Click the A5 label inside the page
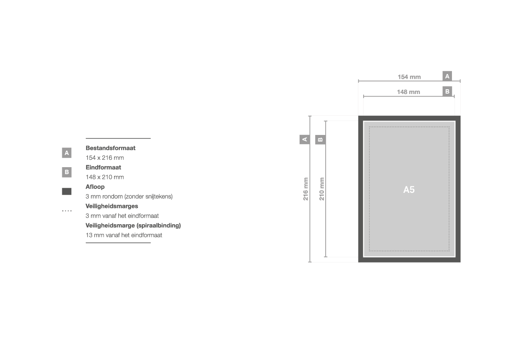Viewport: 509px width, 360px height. coord(409,189)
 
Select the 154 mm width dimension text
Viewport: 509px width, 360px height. coord(409,77)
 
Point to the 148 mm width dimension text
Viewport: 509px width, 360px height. coord(408,92)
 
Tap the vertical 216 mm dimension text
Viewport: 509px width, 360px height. coord(306,189)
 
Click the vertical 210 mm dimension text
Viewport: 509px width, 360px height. coord(321,189)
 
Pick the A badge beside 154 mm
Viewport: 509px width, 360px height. coord(447,76)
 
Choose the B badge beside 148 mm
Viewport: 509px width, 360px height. coord(447,91)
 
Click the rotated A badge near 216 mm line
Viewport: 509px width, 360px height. coord(304,140)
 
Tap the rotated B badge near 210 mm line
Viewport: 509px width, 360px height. coord(320,140)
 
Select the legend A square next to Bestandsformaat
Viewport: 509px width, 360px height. coord(67,153)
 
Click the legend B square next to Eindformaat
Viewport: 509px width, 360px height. coord(67,172)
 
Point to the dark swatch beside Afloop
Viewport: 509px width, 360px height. coord(67,192)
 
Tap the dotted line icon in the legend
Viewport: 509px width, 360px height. coord(67,211)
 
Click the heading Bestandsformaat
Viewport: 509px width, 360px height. coord(110,148)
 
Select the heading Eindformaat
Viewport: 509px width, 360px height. coord(103,168)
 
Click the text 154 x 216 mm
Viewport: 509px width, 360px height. coord(104,158)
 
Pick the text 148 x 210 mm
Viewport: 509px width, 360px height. coord(104,177)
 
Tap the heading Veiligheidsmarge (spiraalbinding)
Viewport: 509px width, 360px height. coord(133,225)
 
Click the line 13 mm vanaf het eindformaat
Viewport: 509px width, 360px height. coord(124,236)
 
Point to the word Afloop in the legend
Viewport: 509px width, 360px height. coord(95,187)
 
